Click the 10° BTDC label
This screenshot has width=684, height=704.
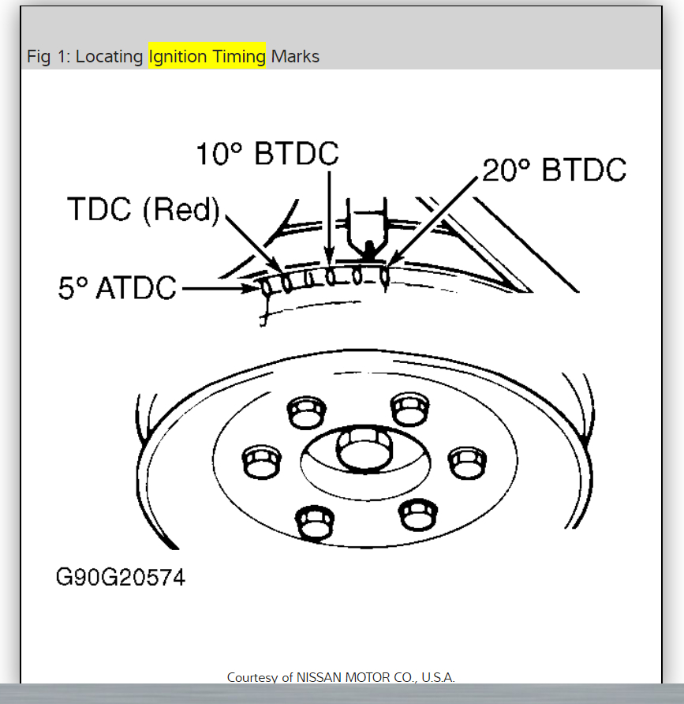(x=267, y=155)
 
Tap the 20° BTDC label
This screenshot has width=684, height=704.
(x=554, y=170)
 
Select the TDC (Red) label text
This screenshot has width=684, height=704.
(x=143, y=210)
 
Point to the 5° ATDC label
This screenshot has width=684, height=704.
(x=117, y=288)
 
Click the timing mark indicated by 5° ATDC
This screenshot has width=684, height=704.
(x=267, y=288)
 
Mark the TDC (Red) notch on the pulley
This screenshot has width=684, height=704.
(x=287, y=283)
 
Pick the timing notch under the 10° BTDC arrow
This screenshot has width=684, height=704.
(x=331, y=277)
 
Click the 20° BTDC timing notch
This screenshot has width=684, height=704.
(x=385, y=276)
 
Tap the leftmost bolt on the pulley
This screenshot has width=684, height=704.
(x=258, y=461)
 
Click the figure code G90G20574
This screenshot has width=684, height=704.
(x=121, y=577)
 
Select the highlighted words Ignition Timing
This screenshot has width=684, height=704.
(x=207, y=57)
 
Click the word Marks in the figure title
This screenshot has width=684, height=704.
(x=295, y=57)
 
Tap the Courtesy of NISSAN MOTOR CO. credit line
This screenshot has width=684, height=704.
(x=341, y=677)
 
